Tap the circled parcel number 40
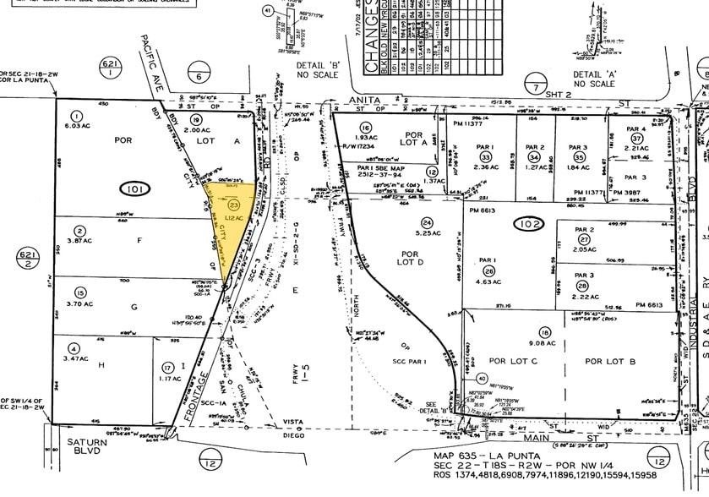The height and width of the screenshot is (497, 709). coord(529,379)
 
